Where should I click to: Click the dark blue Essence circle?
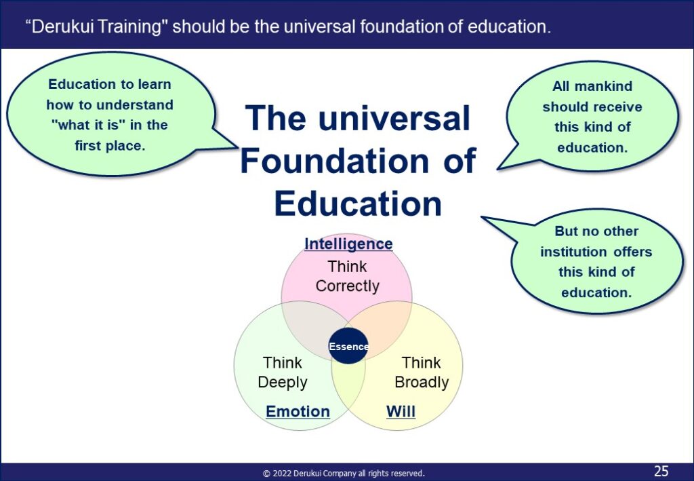tap(348, 346)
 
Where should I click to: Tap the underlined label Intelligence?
tap(348, 244)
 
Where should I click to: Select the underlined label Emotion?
tap(298, 412)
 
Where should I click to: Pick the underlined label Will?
tap(401, 412)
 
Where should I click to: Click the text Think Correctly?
tap(348, 276)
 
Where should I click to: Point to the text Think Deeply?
tap(283, 372)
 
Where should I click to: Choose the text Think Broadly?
tap(422, 372)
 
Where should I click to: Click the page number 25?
tap(661, 471)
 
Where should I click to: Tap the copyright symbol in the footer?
tap(266, 474)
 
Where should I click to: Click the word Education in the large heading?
tap(358, 204)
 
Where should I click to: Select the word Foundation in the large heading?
tap(335, 160)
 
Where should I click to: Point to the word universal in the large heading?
tap(394, 118)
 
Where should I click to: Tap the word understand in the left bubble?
tap(135, 105)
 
